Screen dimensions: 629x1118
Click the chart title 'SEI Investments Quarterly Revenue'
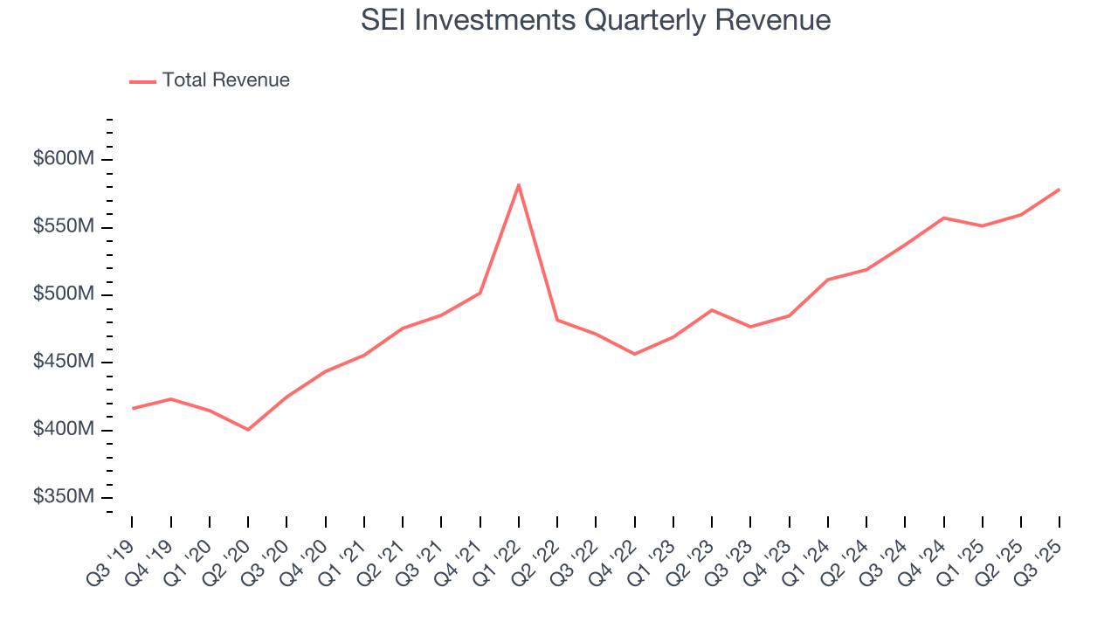(x=596, y=20)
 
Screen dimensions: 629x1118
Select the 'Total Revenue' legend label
(x=225, y=80)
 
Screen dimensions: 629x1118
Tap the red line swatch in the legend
(x=142, y=81)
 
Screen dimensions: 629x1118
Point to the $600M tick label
(x=64, y=160)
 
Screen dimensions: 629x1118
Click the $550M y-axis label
(x=64, y=227)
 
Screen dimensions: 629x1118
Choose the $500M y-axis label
(x=64, y=294)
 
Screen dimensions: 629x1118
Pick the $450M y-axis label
(x=64, y=363)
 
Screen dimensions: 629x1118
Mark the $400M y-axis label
(x=64, y=430)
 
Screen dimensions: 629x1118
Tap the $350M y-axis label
(x=64, y=497)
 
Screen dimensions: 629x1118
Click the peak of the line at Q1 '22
(x=519, y=184)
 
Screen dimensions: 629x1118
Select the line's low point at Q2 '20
(x=248, y=430)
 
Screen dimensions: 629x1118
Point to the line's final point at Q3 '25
(x=1059, y=190)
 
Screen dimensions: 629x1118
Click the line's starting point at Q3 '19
(x=132, y=408)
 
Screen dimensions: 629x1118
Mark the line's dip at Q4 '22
(x=634, y=354)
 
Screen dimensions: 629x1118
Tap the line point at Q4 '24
(x=944, y=218)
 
